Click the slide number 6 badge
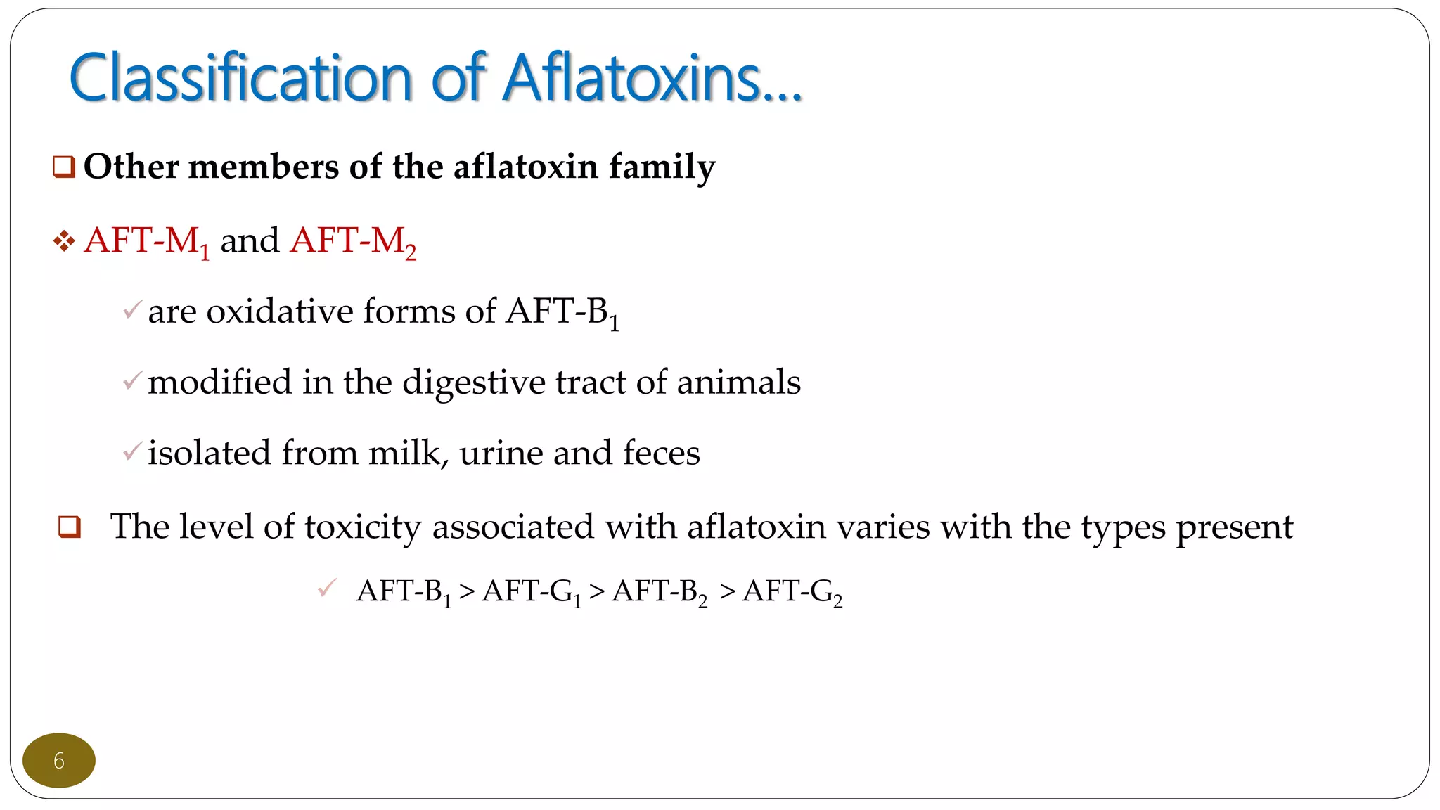click(59, 760)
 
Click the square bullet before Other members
click(64, 167)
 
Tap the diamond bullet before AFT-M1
click(64, 242)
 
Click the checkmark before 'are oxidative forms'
click(132, 309)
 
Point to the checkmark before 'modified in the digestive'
click(132, 380)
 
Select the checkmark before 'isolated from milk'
click(132, 451)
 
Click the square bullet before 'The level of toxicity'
click(70, 527)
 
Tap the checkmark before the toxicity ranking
click(328, 588)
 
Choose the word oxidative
click(279, 311)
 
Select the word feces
click(661, 453)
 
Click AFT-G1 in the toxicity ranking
click(532, 592)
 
